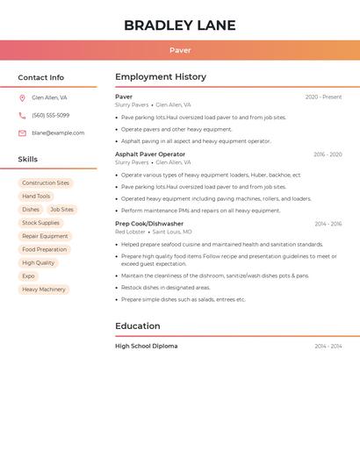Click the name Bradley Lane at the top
180,25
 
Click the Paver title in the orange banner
180,50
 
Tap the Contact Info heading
41,77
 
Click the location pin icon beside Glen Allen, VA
22,97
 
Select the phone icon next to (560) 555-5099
22,115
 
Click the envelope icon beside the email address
22,132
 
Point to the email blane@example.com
58,132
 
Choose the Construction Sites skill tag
46,183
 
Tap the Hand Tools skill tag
36,197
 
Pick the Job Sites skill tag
61,210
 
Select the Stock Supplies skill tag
41,223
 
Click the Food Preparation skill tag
45,249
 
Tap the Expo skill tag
29,275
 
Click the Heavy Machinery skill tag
44,289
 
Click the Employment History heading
161,77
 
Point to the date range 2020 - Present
323,97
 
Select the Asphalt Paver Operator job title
150,154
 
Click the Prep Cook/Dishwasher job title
149,224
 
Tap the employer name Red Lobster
130,232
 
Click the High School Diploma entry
146,347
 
